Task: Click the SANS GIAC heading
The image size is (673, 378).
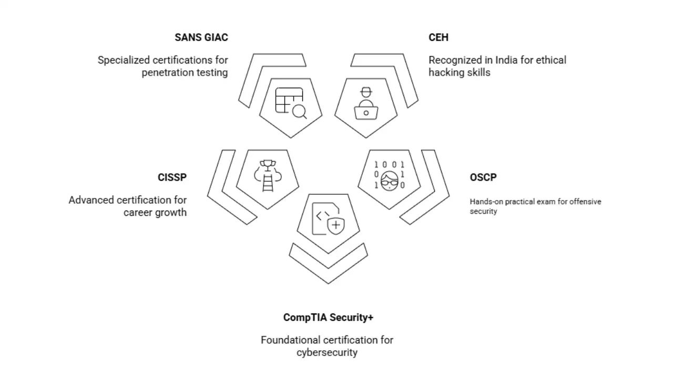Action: click(x=201, y=38)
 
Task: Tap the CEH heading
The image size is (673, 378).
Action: click(x=439, y=38)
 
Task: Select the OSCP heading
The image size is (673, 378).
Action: click(x=483, y=177)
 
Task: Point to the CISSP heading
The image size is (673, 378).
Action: click(x=172, y=177)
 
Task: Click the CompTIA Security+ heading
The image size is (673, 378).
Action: click(x=328, y=318)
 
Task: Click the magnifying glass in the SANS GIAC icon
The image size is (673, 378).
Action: click(x=299, y=111)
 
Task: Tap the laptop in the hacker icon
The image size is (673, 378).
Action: click(x=366, y=112)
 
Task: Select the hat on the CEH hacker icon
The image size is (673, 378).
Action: click(x=366, y=92)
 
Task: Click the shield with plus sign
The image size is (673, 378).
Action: click(x=335, y=226)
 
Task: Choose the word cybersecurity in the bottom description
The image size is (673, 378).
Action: click(x=327, y=352)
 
